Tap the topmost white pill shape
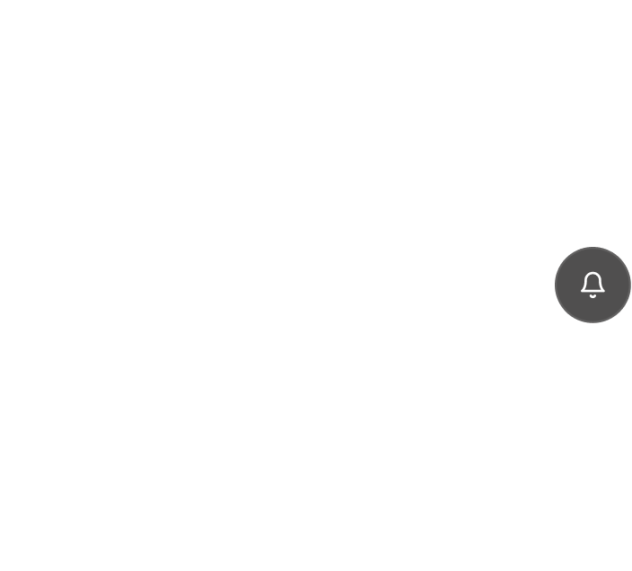[136, 146]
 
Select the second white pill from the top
[115, 239]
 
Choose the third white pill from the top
[132, 330]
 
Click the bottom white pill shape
[111, 424]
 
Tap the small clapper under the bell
[592, 295]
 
